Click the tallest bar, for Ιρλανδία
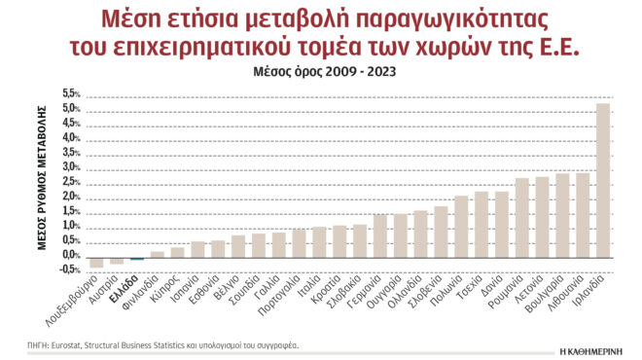pyautogui.click(x=603, y=180)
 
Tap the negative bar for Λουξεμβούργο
pyautogui.click(x=96, y=263)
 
